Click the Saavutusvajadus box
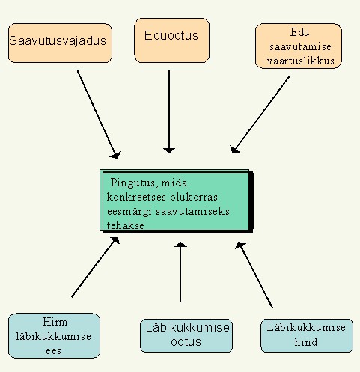coord(60,43)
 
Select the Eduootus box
coord(171,40)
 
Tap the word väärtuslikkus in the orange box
coord(301,61)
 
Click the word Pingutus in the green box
coord(133,183)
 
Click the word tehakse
coord(126,225)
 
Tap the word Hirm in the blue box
coord(55,322)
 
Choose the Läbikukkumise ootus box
coord(186,335)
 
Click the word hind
coord(306,342)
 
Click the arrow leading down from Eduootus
coord(169,112)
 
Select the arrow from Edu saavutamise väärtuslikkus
coord(260,114)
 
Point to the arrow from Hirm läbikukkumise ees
coord(96,266)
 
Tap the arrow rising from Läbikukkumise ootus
coord(180,272)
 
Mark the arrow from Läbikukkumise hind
coord(254,275)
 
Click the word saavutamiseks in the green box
coord(192,212)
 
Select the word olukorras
coord(194,197)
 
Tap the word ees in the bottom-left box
coord(53,351)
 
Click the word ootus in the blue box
coord(186,341)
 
